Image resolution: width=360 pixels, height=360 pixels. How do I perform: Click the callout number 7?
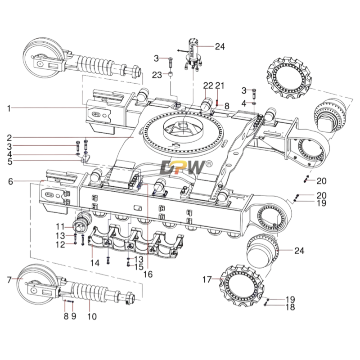point(9,279)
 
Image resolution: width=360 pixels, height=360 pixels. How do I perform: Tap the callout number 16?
point(147,274)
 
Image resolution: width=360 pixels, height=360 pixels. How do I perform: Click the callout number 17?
point(206,279)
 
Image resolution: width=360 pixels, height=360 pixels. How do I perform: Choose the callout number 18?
point(290,307)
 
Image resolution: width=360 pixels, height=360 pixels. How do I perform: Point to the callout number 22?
point(207,85)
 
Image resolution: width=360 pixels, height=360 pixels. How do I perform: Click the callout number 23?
point(157,75)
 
